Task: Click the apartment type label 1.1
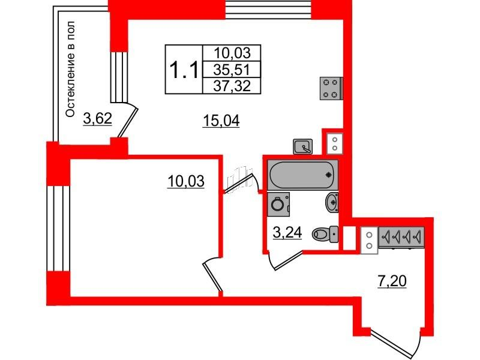click(184, 70)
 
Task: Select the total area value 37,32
click(232, 86)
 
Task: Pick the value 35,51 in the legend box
click(232, 70)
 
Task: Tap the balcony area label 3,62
click(97, 118)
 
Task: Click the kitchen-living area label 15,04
click(221, 121)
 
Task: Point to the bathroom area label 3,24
click(287, 233)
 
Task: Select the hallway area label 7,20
click(392, 281)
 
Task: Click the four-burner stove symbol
click(331, 88)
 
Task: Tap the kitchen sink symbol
click(303, 146)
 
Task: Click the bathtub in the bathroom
click(302, 175)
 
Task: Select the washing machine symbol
click(278, 204)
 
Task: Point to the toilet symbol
click(325, 235)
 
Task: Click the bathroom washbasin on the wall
click(332, 202)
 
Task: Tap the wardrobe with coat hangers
click(401, 236)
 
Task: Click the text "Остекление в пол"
click(70, 69)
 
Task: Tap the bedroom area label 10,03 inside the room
click(186, 181)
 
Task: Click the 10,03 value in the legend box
click(232, 53)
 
